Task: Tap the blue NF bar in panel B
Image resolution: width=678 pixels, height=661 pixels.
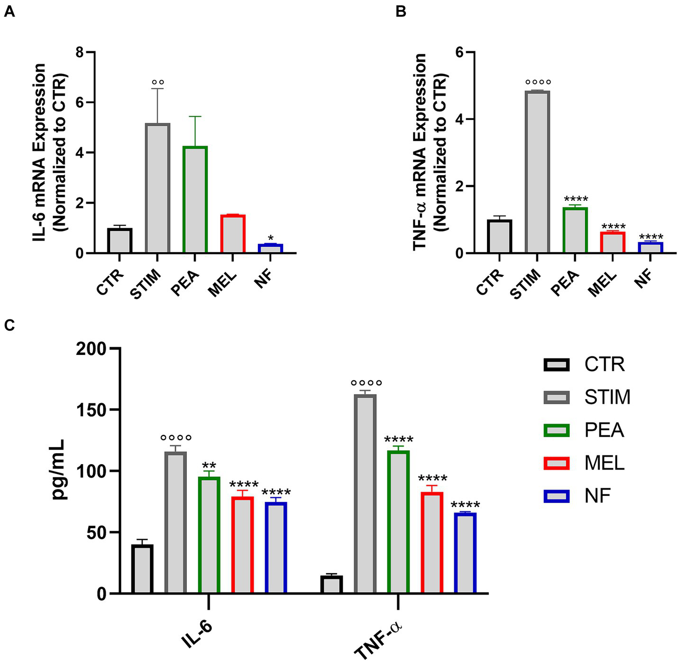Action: tap(650, 248)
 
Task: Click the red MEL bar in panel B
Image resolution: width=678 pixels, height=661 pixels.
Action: tap(612, 242)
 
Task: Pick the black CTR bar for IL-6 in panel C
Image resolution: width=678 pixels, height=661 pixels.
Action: tap(142, 569)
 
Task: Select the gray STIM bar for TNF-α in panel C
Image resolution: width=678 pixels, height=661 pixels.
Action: tap(365, 493)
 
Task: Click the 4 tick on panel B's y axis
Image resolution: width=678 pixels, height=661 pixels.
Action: tap(458, 119)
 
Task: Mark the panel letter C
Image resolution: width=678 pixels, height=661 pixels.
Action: tap(9, 326)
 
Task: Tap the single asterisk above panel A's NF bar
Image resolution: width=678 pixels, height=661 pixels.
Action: tap(270, 238)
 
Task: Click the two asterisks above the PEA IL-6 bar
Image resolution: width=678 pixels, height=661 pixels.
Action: tap(209, 465)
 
